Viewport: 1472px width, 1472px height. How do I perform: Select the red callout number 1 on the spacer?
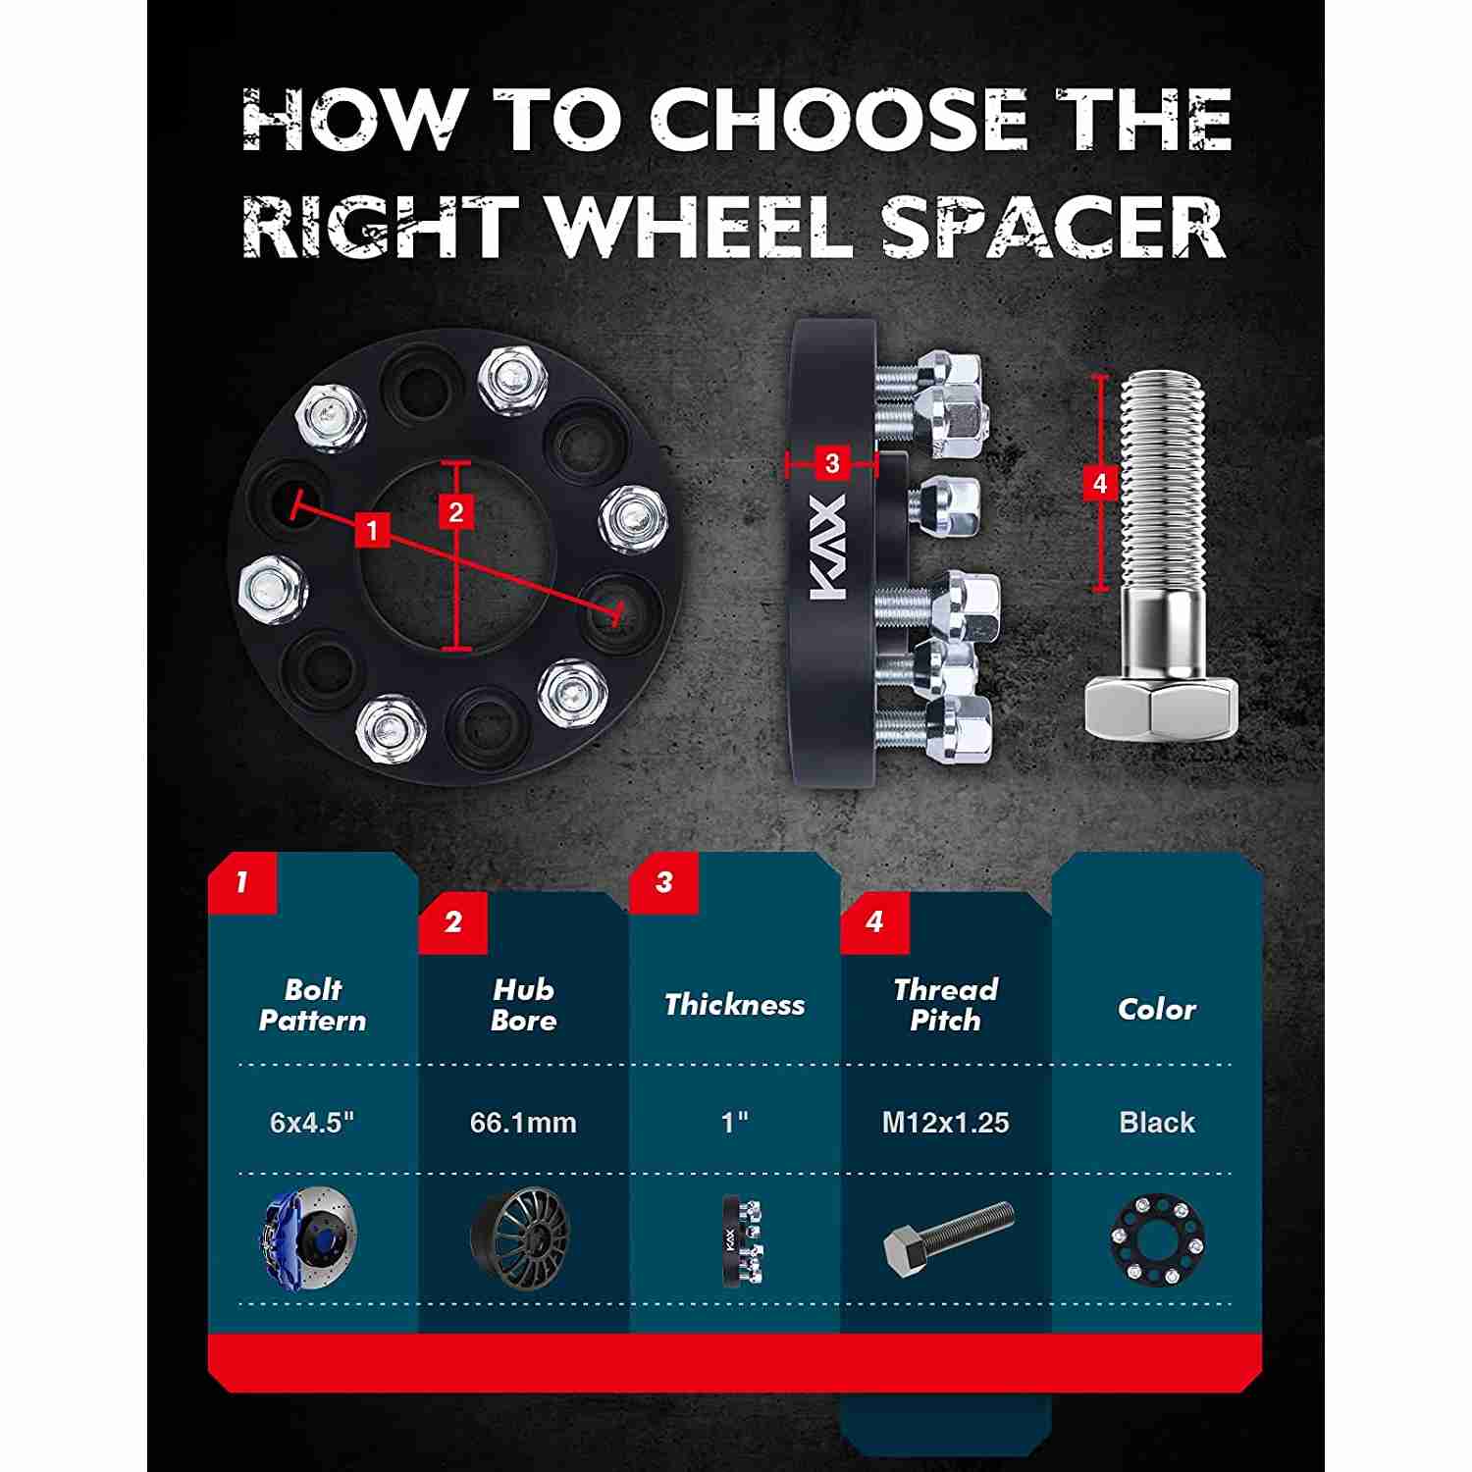[x=371, y=531]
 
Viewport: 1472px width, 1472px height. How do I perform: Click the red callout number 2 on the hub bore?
[x=456, y=511]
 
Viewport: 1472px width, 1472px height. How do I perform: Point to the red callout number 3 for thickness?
[x=832, y=462]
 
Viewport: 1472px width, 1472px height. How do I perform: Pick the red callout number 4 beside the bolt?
[x=1099, y=483]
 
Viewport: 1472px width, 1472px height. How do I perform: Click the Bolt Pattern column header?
[x=312, y=1005]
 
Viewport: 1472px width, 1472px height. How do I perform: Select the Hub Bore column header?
[x=523, y=1005]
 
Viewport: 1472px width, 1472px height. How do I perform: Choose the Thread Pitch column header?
[x=945, y=1005]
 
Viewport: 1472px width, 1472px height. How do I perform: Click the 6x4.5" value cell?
[x=312, y=1122]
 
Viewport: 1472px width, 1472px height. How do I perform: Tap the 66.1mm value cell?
[x=523, y=1122]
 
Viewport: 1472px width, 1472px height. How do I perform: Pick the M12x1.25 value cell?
[x=945, y=1122]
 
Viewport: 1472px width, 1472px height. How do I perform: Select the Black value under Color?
[x=1157, y=1122]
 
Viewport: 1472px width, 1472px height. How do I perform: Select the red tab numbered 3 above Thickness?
[x=664, y=882]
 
